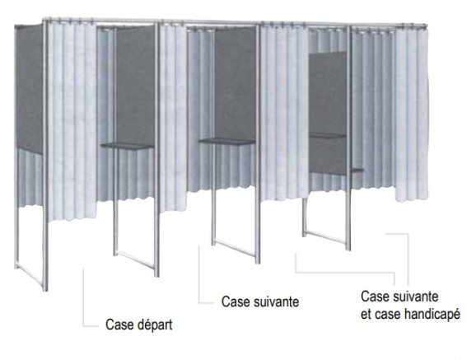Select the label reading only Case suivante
coord(259,302)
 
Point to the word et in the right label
coord(366,314)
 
